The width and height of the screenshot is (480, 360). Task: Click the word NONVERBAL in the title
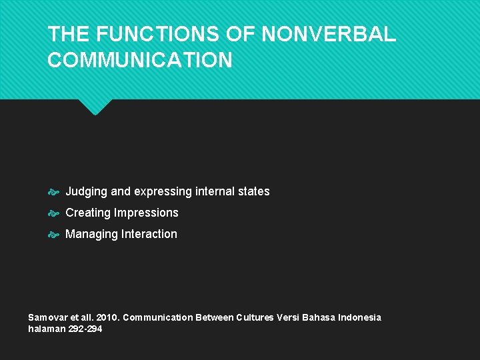(x=330, y=35)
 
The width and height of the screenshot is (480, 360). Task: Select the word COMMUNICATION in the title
(x=140, y=61)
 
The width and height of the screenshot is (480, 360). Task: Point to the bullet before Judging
(x=55, y=192)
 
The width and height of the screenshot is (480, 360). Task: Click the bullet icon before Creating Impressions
(x=55, y=213)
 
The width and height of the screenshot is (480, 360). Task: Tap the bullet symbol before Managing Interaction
(x=55, y=235)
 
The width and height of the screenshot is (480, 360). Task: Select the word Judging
(x=86, y=192)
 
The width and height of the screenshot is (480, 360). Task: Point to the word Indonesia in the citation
(x=360, y=317)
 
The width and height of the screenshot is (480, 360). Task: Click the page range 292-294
(x=85, y=329)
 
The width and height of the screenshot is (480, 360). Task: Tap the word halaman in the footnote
(x=47, y=329)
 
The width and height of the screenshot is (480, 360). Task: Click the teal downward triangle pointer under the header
(x=95, y=106)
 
